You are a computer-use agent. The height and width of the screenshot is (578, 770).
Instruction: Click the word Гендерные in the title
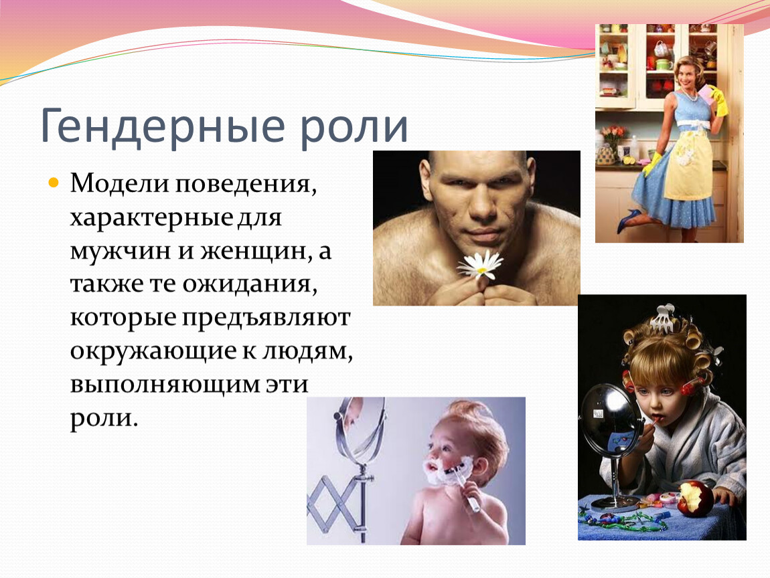click(x=163, y=126)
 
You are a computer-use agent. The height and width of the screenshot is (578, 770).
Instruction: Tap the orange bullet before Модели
click(x=54, y=183)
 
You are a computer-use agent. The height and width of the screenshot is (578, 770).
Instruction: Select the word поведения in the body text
click(x=246, y=184)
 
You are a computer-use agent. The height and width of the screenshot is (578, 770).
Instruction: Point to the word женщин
click(x=255, y=251)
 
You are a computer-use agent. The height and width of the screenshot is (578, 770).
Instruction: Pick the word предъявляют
click(x=266, y=318)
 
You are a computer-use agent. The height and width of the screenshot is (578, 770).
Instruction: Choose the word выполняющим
click(x=165, y=384)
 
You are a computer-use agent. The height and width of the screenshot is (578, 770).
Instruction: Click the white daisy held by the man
click(x=480, y=266)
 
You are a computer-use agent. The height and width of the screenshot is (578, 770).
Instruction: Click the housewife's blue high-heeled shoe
click(x=629, y=219)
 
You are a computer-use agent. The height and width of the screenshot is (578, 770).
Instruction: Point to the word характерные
click(x=152, y=217)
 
